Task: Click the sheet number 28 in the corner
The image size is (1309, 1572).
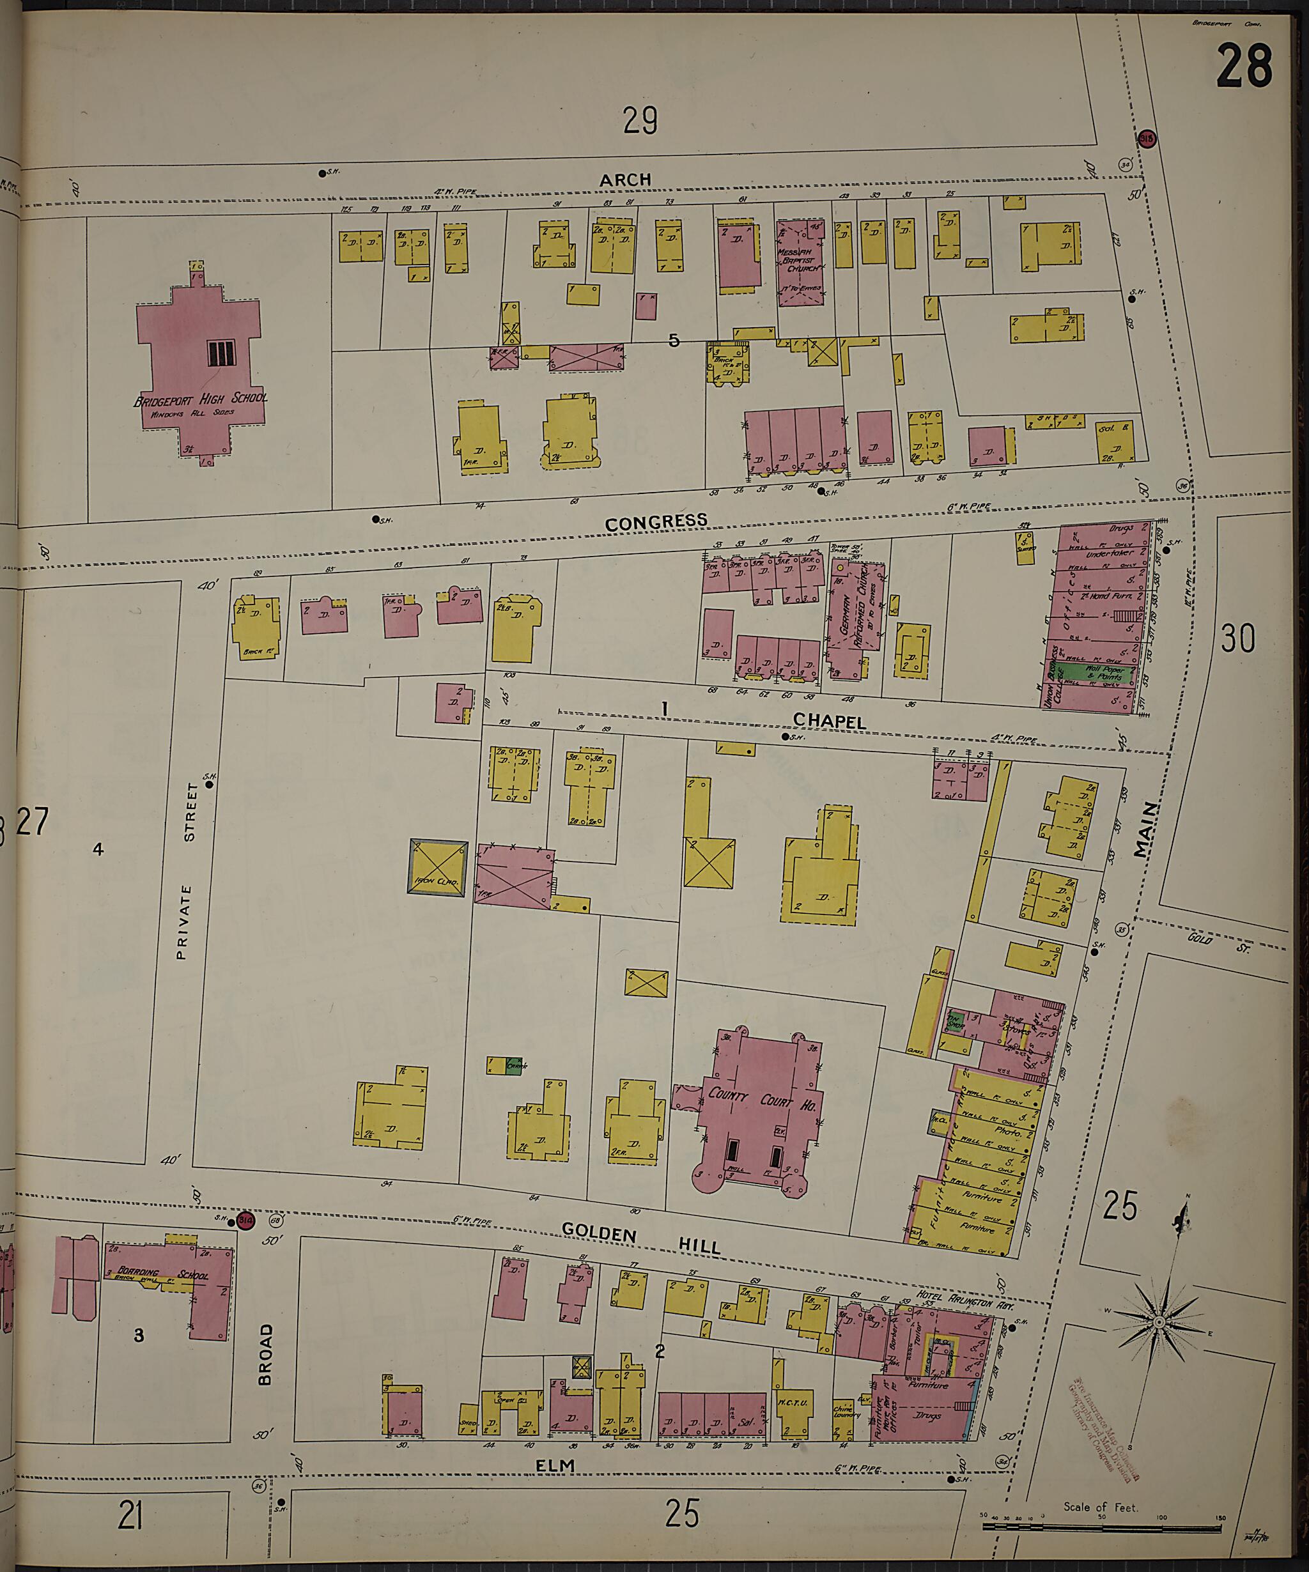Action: tap(1244, 67)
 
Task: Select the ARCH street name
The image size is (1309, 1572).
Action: tap(625, 180)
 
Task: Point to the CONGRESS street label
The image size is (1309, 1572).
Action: tap(656, 521)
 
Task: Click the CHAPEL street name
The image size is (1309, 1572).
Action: tap(829, 721)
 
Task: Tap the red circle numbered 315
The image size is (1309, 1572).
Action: tap(1147, 139)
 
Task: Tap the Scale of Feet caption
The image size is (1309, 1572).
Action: tap(1099, 1507)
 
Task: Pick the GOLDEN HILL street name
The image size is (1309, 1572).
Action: tap(641, 1239)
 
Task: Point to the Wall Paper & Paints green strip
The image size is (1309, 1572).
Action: tap(1099, 672)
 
